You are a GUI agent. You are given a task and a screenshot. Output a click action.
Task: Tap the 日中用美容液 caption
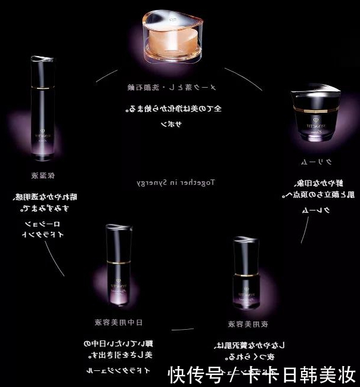[119, 323]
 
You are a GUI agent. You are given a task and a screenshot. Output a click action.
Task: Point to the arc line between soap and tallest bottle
[106, 74]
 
